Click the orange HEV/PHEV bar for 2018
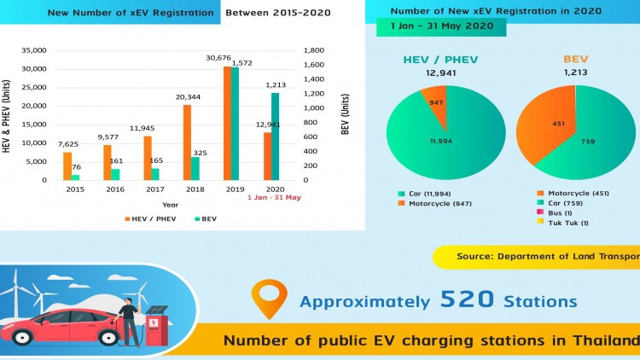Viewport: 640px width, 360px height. (186, 142)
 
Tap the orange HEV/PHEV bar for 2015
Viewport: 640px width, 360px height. (67, 165)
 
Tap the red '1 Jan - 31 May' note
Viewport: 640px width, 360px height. (275, 198)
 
